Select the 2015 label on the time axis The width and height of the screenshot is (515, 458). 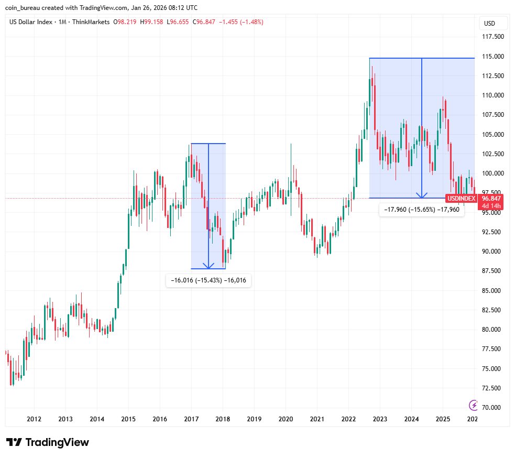(128, 419)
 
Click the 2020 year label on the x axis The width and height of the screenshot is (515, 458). (286, 419)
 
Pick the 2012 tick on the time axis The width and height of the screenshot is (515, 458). (34, 419)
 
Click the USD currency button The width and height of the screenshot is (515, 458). (490, 24)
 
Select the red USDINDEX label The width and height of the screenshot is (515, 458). (461, 199)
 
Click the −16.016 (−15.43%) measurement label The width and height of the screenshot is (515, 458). (208, 281)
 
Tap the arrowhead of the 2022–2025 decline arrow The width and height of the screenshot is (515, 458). (422, 195)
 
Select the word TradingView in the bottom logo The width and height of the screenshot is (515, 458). (57, 442)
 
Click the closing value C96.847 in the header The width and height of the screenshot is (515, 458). (205, 22)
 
